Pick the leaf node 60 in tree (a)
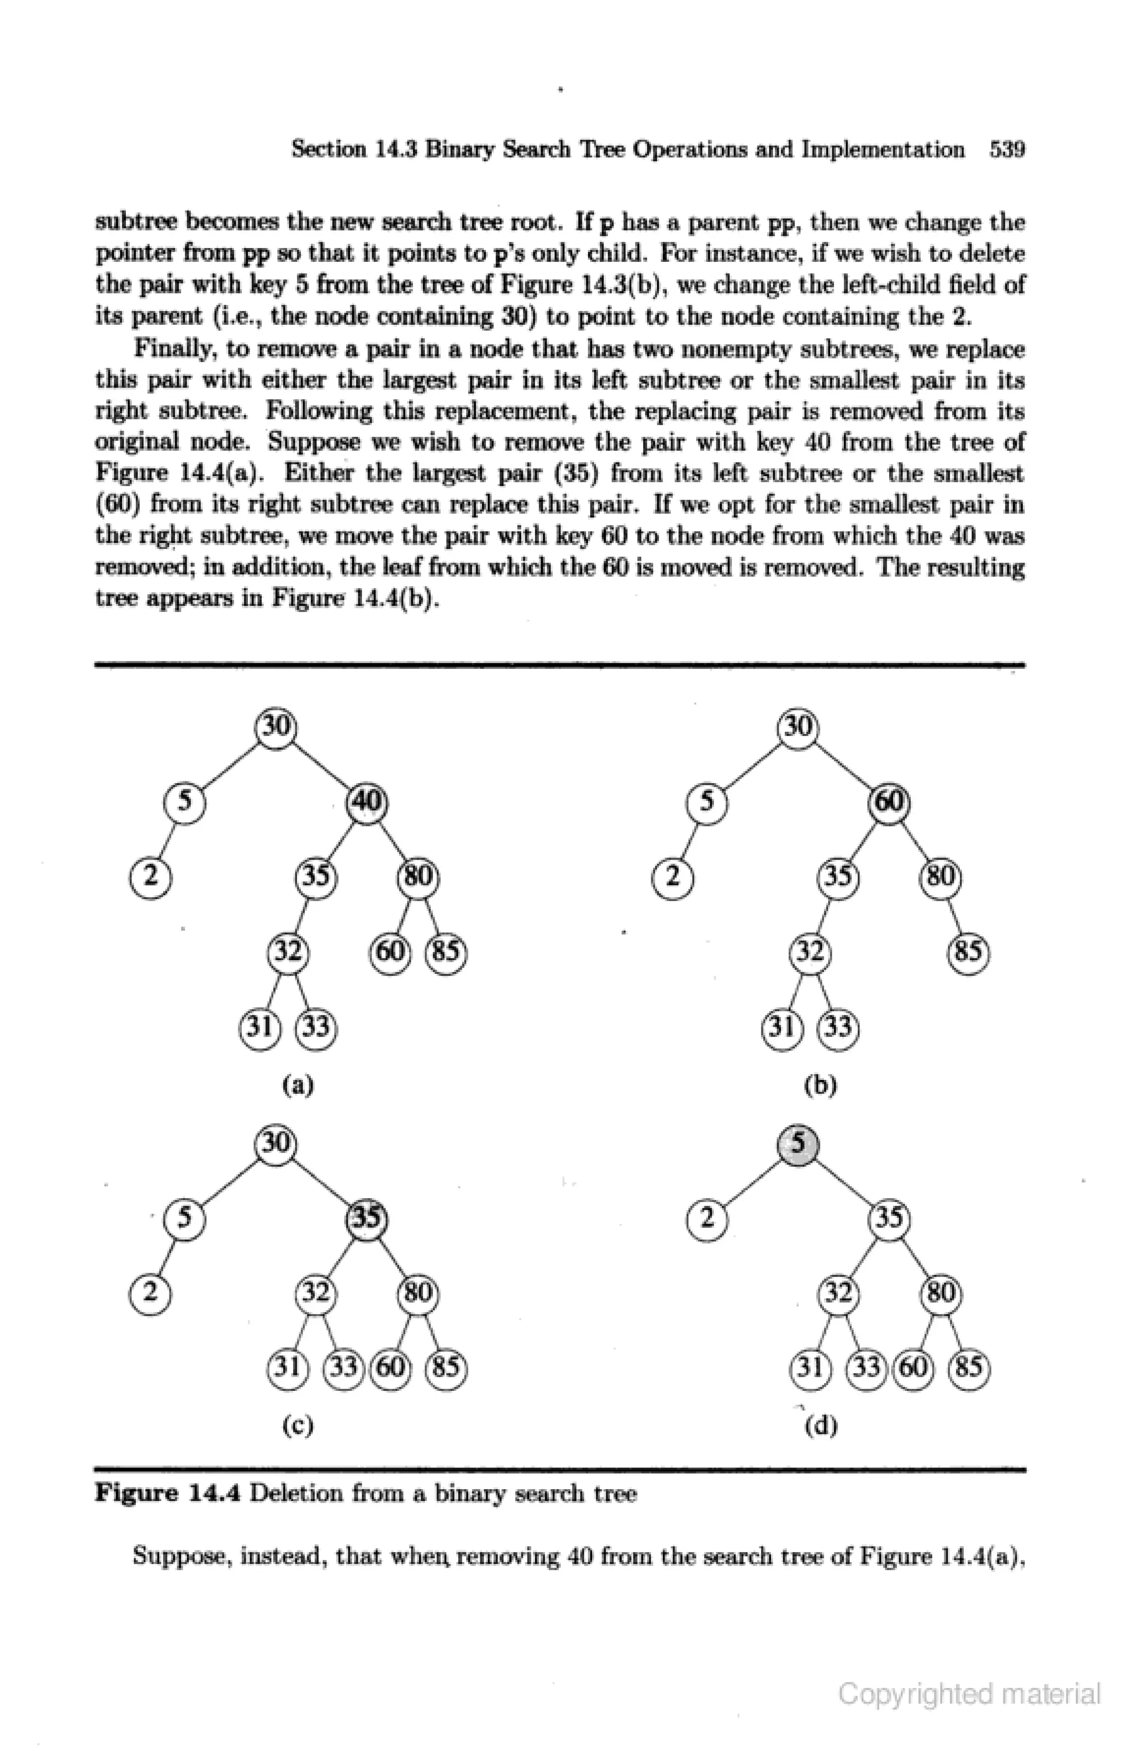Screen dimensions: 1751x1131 [x=390, y=953]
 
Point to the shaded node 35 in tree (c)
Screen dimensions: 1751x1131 [x=367, y=1219]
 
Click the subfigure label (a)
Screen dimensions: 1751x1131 [x=298, y=1084]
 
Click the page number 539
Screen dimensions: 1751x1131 [x=1006, y=150]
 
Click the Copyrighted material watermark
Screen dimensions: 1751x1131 [x=969, y=1695]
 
